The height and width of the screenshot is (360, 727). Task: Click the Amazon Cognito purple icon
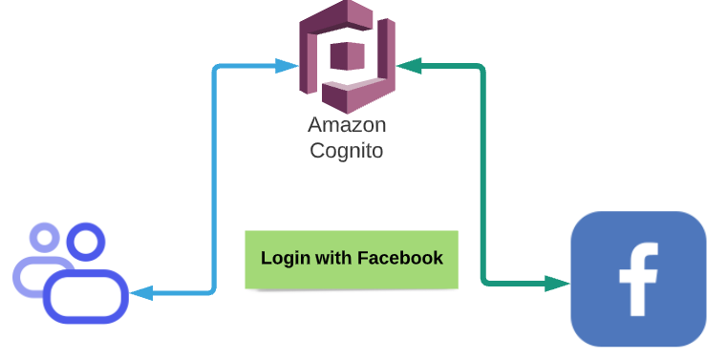[347, 57]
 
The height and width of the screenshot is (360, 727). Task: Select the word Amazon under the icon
[347, 125]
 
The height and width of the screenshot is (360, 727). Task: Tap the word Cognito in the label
[347, 150]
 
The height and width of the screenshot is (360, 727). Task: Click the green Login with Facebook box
[351, 259]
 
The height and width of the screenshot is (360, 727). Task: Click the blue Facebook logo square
[638, 279]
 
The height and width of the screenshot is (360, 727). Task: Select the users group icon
[71, 273]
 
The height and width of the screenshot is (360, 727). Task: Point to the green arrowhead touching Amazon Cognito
[409, 66]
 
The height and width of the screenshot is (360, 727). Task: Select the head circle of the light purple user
[44, 237]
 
